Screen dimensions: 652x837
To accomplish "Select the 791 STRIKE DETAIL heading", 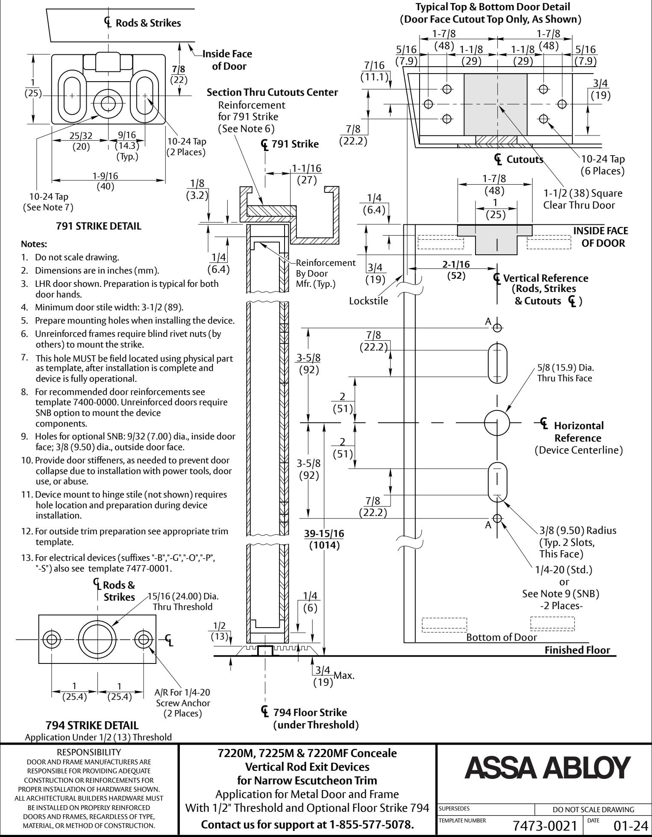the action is [x=99, y=227].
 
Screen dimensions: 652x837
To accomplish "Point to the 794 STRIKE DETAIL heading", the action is [x=92, y=725].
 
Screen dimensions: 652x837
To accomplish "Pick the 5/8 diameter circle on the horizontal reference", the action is [x=497, y=423].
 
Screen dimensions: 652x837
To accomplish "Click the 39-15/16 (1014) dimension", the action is [x=324, y=540].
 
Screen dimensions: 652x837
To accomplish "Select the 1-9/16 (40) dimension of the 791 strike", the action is [x=108, y=180].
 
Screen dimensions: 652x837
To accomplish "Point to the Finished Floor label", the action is [x=578, y=650].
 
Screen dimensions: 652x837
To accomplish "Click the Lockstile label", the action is [x=368, y=301].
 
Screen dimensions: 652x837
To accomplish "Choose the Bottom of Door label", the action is [x=502, y=637].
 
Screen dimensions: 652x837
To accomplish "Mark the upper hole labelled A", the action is [x=497, y=328].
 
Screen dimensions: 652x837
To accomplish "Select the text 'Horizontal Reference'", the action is [x=578, y=432].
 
